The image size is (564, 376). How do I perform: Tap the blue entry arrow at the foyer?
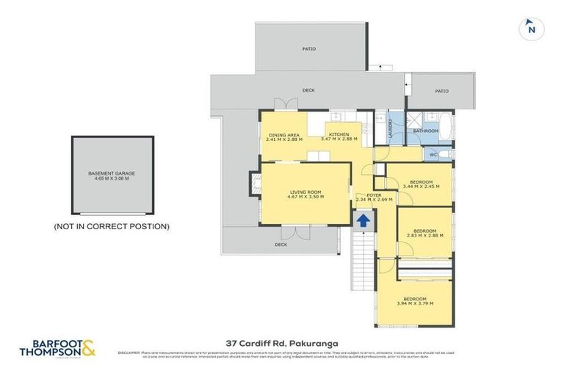pos(361,220)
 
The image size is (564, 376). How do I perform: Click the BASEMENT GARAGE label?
pos(112,173)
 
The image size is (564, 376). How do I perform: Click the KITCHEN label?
pos(339,134)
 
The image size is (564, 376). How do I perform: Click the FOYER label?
pos(374,195)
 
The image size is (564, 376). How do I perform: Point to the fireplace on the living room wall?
pos(255,182)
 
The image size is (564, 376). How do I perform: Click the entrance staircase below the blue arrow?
pos(361,261)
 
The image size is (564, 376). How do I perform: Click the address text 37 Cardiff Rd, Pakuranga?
pos(282,342)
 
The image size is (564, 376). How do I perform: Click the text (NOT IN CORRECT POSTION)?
pos(112,227)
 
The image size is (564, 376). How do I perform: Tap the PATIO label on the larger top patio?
pos(308,48)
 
